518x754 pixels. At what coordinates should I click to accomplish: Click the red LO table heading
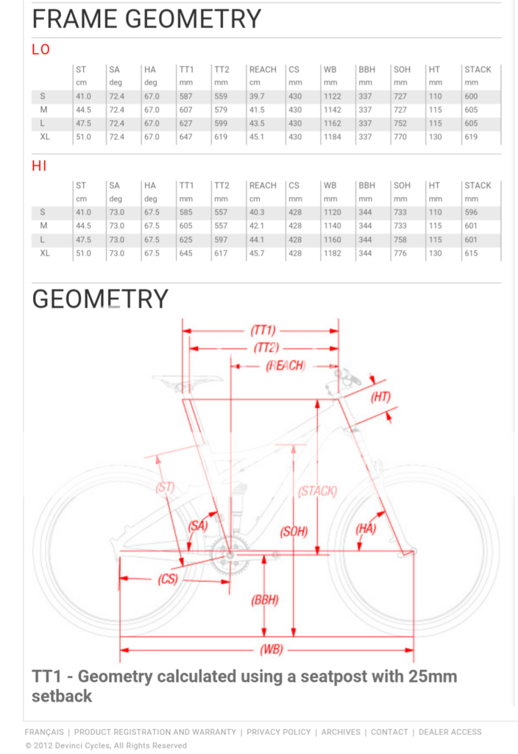(x=40, y=49)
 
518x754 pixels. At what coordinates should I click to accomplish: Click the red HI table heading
(x=39, y=166)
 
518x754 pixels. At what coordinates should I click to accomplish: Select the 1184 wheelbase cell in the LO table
(x=332, y=136)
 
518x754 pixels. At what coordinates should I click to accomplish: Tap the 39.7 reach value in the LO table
(x=257, y=96)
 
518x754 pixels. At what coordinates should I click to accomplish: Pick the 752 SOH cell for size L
(x=400, y=123)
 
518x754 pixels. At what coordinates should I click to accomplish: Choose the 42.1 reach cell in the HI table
(x=257, y=226)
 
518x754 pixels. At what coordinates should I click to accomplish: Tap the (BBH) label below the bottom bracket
(x=264, y=600)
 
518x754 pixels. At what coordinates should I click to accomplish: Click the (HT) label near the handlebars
(x=380, y=398)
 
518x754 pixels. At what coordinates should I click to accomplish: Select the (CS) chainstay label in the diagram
(x=168, y=579)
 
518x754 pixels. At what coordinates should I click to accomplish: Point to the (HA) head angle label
(x=366, y=529)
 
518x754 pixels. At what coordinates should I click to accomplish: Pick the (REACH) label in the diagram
(x=285, y=366)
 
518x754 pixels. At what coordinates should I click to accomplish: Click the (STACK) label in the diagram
(x=317, y=491)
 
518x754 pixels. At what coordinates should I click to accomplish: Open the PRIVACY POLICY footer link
(x=278, y=732)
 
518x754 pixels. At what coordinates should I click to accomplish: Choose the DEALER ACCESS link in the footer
(x=450, y=732)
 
